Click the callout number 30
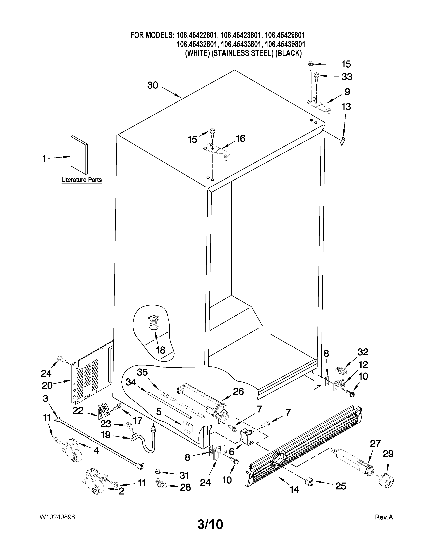click(x=153, y=86)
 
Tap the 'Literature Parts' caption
click(x=81, y=180)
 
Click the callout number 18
click(x=161, y=350)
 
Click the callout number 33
click(x=347, y=77)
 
